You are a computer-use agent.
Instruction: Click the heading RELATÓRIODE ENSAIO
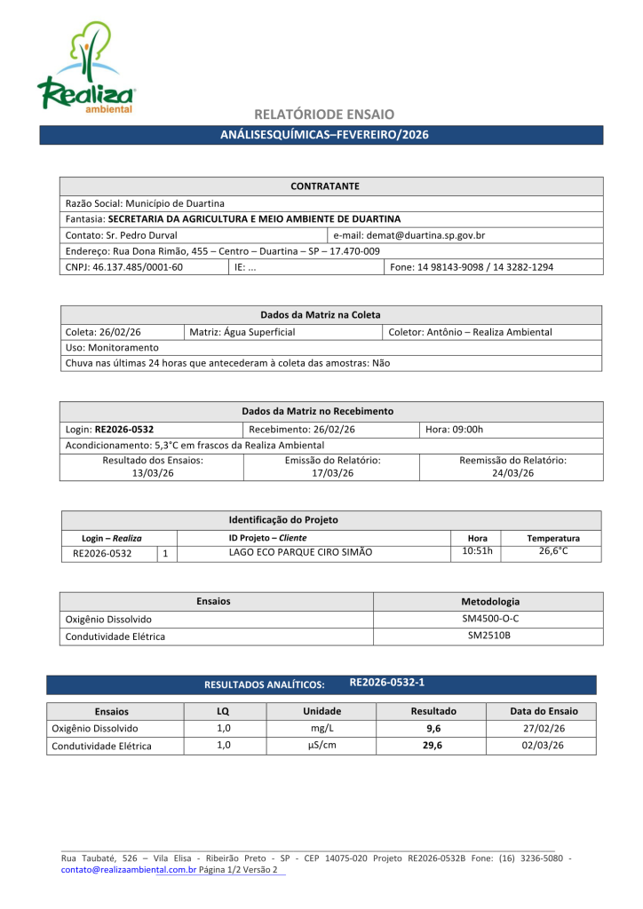[323, 115]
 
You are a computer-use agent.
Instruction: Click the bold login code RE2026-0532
[131, 429]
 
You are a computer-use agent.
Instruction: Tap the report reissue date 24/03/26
[512, 473]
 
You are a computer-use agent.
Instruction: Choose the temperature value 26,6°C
[553, 551]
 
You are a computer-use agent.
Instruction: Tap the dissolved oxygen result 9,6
[433, 728]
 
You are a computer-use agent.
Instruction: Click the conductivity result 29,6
[433, 746]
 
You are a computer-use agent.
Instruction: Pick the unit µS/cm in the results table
[321, 746]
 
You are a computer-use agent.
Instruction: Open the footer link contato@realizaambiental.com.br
[129, 870]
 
